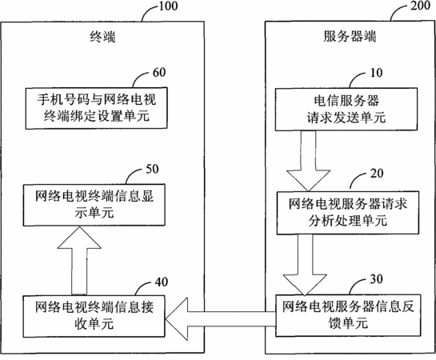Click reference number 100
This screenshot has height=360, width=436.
pyautogui.click(x=168, y=6)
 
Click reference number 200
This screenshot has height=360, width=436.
pyautogui.click(x=420, y=6)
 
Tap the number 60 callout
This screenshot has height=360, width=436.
pyautogui.click(x=159, y=72)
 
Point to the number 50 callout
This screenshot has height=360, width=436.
pyautogui.click(x=152, y=169)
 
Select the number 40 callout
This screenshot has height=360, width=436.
pyautogui.click(x=162, y=282)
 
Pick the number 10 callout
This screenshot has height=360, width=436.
pyautogui.click(x=376, y=73)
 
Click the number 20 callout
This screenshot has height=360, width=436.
pyautogui.click(x=377, y=173)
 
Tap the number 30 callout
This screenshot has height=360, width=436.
pyautogui.click(x=376, y=279)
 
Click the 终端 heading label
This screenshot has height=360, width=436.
pyautogui.click(x=102, y=37)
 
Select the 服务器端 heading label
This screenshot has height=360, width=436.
pyautogui.click(x=350, y=37)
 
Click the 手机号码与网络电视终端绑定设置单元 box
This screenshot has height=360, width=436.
pyautogui.click(x=97, y=109)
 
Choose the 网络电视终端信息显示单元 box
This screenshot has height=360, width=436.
pyautogui.click(x=94, y=205)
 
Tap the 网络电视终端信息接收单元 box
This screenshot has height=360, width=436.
pyautogui.click(x=94, y=316)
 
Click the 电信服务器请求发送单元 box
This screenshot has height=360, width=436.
pyautogui.click(x=346, y=110)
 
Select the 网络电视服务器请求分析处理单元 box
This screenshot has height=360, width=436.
pyautogui.click(x=347, y=213)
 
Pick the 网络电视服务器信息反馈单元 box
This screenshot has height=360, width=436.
pyautogui.click(x=347, y=315)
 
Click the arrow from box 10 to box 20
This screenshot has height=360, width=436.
pyautogui.click(x=308, y=161)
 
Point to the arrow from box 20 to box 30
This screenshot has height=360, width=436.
pyautogui.click(x=305, y=265)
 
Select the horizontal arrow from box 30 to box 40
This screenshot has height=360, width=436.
pyautogui.click(x=221, y=319)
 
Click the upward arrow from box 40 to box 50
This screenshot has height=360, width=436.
pyautogui.click(x=79, y=261)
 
